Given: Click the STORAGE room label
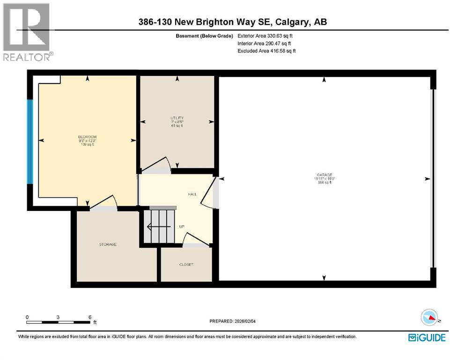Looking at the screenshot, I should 107,244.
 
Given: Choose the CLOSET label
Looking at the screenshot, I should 186,264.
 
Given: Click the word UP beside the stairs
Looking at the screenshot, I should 182,226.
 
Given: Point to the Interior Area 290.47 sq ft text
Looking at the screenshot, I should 265,43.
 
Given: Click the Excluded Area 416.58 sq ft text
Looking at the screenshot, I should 266,51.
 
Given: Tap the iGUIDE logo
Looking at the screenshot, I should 426,337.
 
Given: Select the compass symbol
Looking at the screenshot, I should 429,318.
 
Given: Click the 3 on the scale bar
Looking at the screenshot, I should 58,317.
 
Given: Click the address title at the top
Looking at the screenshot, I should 232,22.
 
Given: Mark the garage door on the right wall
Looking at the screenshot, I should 433,178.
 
